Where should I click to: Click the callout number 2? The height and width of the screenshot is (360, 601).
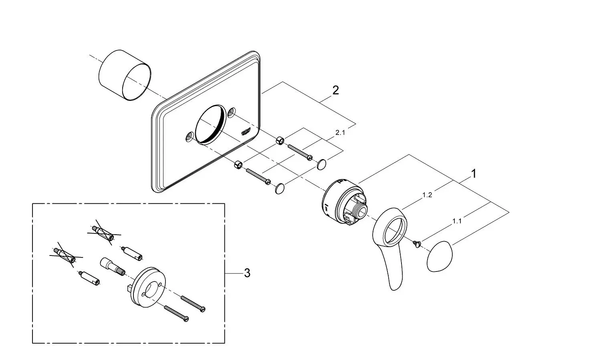point(335,91)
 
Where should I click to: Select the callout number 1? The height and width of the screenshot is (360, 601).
point(474,174)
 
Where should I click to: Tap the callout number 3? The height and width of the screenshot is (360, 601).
point(247,273)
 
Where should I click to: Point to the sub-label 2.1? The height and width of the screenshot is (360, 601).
point(340,133)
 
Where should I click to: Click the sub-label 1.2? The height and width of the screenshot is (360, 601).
point(427,195)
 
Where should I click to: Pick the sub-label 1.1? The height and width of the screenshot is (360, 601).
point(457,221)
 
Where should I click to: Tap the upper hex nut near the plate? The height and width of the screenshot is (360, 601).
point(280,140)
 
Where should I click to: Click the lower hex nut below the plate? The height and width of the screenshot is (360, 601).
point(238,165)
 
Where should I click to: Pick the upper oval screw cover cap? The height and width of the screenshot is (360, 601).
point(321,164)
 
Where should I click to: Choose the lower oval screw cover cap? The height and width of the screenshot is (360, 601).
point(280,188)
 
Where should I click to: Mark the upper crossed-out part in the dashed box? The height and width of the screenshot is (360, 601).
point(104,233)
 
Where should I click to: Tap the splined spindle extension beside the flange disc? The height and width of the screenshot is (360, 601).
point(110,266)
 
